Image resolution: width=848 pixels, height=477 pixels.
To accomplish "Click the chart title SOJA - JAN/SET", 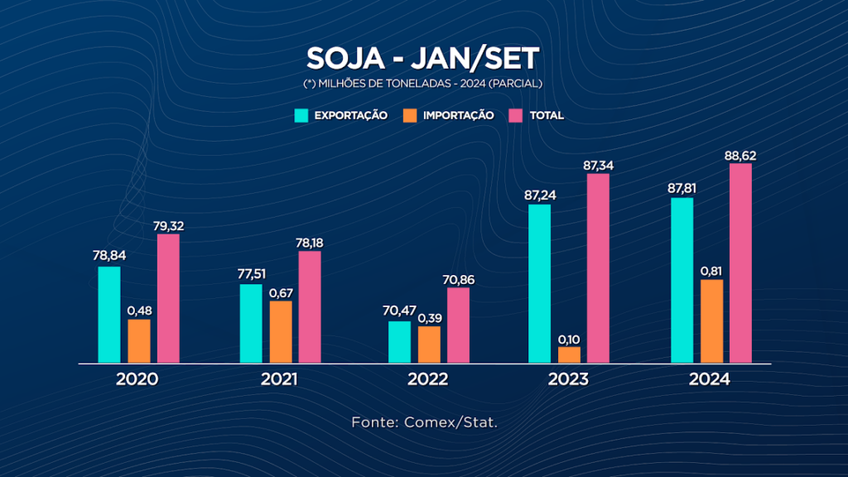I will tap(423, 58).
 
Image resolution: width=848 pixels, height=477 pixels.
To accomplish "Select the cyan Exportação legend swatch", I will tap(302, 115).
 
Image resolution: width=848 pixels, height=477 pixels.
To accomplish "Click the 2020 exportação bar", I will tap(109, 315).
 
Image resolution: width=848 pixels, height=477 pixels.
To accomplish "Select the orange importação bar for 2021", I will tap(281, 331).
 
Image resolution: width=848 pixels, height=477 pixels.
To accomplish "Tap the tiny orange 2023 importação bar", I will tap(570, 354).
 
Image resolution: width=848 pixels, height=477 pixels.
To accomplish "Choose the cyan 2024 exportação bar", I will tap(682, 280).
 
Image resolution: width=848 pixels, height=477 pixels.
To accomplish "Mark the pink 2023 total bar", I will tap(598, 267).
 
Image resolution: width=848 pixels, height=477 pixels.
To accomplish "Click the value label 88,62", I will tap(740, 155).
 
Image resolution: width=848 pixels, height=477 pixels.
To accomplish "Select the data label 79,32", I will tap(168, 225).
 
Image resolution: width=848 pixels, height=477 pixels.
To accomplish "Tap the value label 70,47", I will tap(399, 312).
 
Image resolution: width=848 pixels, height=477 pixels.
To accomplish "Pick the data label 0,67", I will tap(281, 292).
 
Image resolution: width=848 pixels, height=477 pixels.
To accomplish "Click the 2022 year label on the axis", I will tap(428, 380).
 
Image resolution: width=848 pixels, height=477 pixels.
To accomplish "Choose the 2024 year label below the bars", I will tap(710, 380).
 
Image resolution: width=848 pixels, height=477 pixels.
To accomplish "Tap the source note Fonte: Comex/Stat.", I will tap(424, 422).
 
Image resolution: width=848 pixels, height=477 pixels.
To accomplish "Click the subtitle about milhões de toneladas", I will tap(423, 84).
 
